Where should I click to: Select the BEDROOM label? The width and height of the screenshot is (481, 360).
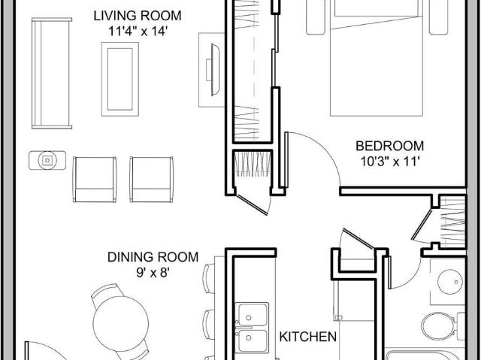pyautogui.click(x=389, y=146)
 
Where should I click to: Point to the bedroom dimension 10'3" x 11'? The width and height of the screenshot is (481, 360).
pyautogui.click(x=389, y=161)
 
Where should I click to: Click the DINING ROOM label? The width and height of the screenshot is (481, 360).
pyautogui.click(x=152, y=257)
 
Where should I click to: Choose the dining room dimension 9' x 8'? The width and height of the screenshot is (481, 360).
pyautogui.click(x=152, y=273)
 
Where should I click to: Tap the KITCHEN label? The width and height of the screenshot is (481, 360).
pyautogui.click(x=308, y=337)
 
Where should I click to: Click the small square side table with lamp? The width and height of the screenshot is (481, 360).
pyautogui.click(x=47, y=160)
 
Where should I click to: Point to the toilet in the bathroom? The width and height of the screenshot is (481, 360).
pyautogui.click(x=437, y=326)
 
